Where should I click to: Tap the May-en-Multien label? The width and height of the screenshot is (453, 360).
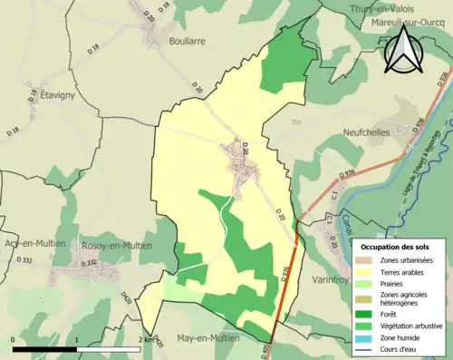point(207,337)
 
